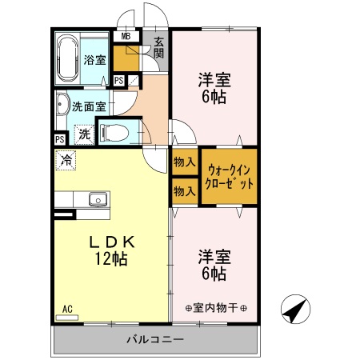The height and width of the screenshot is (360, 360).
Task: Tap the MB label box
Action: click(x=125, y=37)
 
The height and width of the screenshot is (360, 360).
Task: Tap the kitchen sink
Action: click(x=98, y=198)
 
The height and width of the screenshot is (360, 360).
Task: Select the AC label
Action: click(x=67, y=308)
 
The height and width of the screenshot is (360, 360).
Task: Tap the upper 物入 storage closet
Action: click(x=185, y=161)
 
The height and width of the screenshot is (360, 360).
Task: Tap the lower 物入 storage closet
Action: click(x=185, y=191)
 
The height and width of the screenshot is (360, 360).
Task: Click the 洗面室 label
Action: click(x=88, y=105)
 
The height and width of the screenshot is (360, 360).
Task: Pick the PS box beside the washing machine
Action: click(x=59, y=139)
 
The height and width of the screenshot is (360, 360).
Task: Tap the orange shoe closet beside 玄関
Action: click(x=125, y=58)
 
